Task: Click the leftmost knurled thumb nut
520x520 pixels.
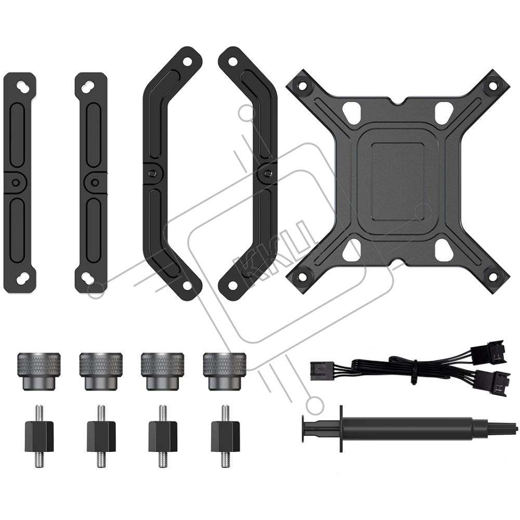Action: coord(39,371)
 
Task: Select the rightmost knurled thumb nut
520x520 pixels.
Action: coord(225,371)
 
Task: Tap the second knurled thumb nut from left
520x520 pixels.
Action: coord(101,371)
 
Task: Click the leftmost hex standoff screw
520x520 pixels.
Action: coord(39,436)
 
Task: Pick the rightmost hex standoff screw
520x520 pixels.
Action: coord(225,436)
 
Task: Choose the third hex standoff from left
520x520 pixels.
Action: coord(162,436)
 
